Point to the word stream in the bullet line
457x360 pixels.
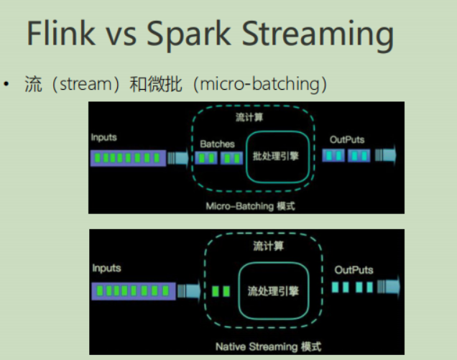[83, 84]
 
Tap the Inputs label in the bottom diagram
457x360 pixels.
[106, 268]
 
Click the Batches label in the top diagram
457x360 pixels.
[218, 144]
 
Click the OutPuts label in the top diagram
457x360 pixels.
[347, 139]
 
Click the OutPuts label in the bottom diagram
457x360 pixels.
[354, 269]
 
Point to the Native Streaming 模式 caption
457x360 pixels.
[268, 346]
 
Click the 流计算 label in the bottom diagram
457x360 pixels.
[269, 246]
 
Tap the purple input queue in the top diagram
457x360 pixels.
[128, 157]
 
